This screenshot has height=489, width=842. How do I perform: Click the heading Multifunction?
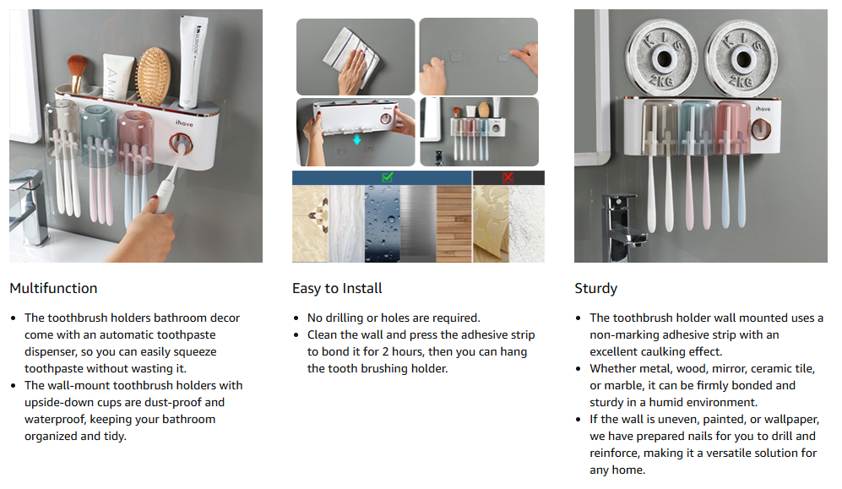(54, 288)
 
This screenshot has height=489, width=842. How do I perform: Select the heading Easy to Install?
(337, 288)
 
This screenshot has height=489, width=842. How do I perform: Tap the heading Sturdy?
(596, 288)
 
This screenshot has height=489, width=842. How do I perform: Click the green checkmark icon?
(387, 177)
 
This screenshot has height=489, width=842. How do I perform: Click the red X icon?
(508, 177)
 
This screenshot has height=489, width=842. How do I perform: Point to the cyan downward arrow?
(356, 140)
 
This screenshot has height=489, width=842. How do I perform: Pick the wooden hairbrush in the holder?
(153, 76)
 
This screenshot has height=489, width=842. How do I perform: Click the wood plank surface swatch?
(454, 224)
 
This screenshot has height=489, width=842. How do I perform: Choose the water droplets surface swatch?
(383, 224)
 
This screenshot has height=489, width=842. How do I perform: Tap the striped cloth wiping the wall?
(351, 54)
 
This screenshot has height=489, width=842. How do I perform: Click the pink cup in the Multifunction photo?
(136, 142)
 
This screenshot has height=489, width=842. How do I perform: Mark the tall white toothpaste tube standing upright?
(192, 62)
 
